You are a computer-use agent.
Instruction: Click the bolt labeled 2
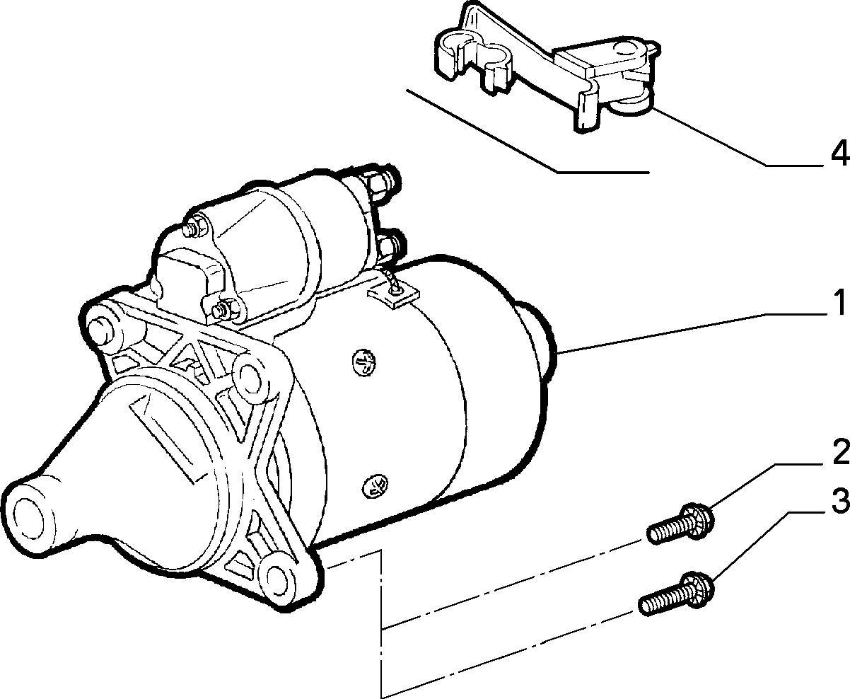pos(680,523)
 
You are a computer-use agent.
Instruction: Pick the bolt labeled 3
pos(676,594)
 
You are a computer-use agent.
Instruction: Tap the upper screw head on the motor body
pos(365,363)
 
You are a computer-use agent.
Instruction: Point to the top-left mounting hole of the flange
pos(99,331)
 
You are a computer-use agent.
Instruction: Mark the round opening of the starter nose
pos(28,519)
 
